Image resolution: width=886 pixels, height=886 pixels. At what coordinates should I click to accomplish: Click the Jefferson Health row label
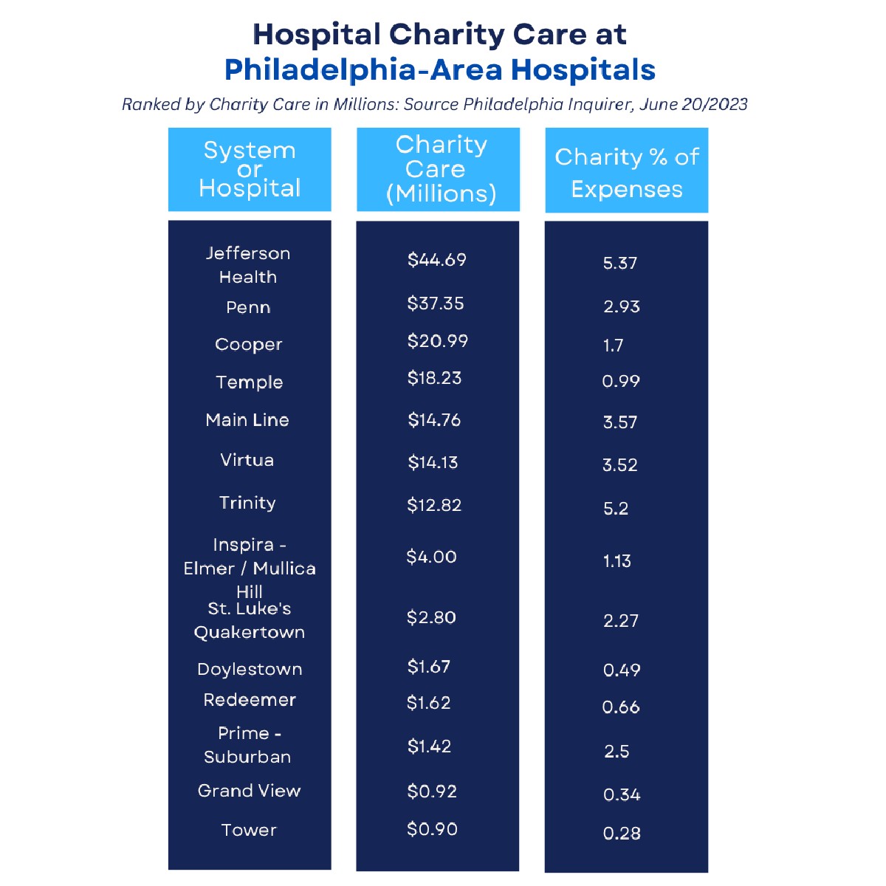248,265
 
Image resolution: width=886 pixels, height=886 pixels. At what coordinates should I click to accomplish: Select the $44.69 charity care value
437,260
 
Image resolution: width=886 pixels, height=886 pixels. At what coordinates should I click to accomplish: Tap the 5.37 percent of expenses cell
620,263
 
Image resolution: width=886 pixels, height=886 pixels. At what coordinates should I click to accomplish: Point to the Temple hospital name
250,382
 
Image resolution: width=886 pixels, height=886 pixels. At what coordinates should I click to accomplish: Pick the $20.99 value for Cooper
438,341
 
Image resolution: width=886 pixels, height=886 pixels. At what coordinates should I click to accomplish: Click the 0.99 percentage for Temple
621,381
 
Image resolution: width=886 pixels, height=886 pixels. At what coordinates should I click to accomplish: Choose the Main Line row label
247,420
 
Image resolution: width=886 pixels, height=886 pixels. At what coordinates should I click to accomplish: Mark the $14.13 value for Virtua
433,462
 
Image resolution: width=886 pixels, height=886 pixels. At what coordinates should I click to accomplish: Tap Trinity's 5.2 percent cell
616,508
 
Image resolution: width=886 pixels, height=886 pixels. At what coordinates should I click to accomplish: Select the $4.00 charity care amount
432,557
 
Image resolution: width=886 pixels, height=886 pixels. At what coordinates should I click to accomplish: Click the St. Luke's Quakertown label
250,620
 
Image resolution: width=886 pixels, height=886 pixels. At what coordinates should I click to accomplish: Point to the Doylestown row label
250,670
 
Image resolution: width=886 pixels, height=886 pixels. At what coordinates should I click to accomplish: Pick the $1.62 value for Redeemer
429,703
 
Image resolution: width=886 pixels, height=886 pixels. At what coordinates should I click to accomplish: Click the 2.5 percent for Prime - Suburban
617,752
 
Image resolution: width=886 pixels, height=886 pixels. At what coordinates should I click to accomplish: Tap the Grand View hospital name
250,791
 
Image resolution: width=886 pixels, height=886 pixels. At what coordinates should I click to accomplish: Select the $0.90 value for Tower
433,829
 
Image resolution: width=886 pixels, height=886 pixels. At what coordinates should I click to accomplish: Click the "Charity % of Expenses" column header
627,172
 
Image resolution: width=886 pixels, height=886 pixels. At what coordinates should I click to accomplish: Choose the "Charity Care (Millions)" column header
441,169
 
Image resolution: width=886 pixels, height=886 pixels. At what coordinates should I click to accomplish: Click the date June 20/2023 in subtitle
693,104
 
